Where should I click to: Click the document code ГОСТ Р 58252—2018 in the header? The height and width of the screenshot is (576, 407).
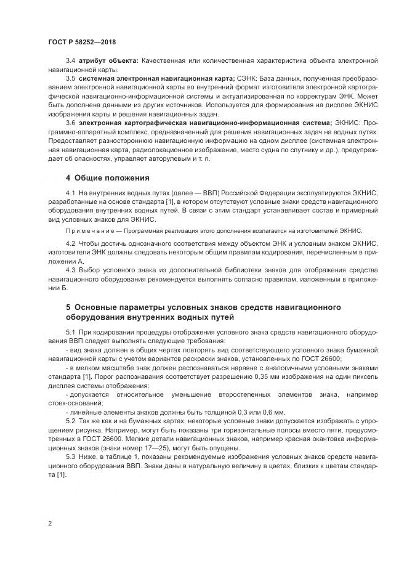coord(82,42)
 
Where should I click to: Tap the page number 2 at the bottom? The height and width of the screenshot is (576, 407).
coord(49,524)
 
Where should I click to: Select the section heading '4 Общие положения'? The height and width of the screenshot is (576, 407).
coord(108,178)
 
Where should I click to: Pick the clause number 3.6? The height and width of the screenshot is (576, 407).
coord(70,123)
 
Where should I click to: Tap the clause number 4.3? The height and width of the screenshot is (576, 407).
coord(70,269)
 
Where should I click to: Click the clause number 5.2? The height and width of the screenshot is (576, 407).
coord(70,420)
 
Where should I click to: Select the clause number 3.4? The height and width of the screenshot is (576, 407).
coord(70,62)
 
